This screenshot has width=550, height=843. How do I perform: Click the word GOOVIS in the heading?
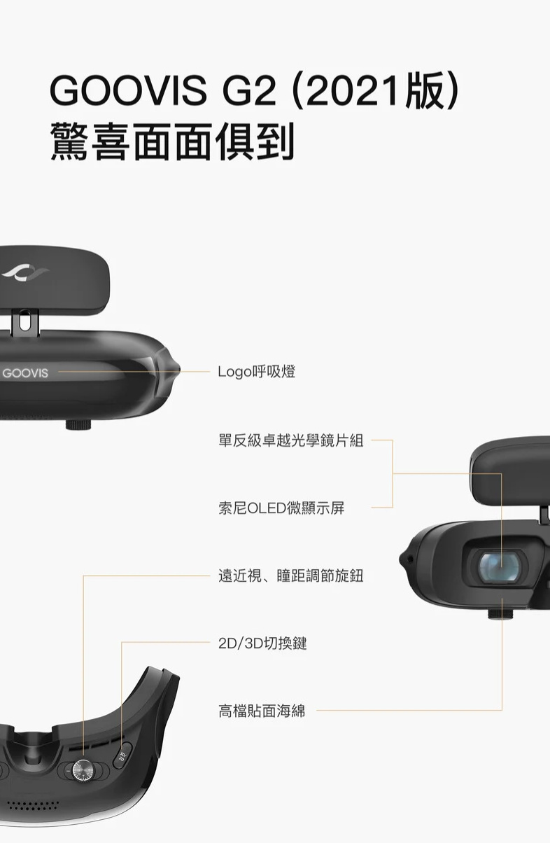(128, 91)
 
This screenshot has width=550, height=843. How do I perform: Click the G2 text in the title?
(249, 91)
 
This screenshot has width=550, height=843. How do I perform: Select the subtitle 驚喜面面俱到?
(172, 141)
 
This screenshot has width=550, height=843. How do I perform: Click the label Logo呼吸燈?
(257, 372)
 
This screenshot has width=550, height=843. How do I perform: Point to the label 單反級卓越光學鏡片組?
(291, 440)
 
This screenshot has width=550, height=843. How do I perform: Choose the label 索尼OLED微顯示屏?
(281, 508)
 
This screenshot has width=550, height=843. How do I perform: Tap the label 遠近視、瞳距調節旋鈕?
(291, 576)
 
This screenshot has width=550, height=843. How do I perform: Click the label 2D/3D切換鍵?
(262, 643)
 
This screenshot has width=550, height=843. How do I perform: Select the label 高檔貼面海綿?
(262, 711)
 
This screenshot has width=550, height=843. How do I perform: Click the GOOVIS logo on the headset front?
(25, 373)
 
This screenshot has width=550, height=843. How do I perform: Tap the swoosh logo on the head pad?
(24, 272)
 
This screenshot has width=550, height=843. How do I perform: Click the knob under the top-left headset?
(78, 424)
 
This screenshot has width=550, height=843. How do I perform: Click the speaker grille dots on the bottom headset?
(33, 804)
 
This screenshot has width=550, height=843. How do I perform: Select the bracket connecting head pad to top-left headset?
(24, 322)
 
